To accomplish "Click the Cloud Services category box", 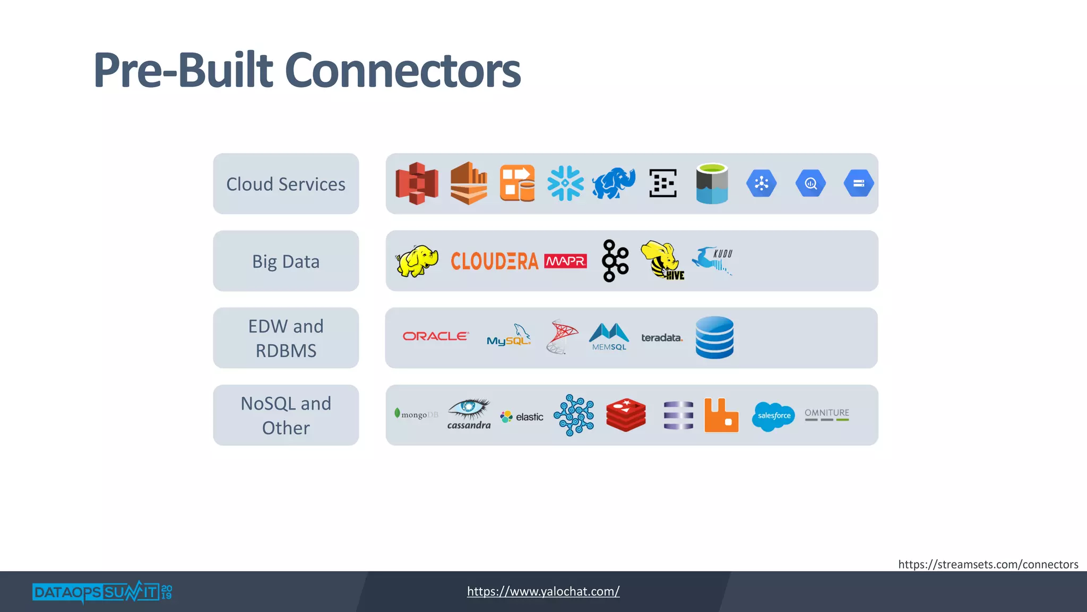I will point(286,184).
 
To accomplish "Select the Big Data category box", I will point(286,261).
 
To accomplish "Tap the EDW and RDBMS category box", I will point(286,338).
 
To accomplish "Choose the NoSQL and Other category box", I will point(286,415).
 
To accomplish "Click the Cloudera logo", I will point(494,261).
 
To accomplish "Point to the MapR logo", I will point(565,261).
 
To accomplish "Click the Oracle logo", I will point(435,336).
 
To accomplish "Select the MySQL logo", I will point(508,337).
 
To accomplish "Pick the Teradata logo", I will point(661,338).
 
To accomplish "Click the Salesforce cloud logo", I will point(773,415).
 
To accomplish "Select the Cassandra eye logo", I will point(469,413).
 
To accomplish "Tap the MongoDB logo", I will point(416,414).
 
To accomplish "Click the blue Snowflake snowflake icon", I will point(565,183).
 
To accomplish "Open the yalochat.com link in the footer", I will point(543,591).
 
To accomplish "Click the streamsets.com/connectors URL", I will point(988,564).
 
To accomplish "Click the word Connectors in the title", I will point(403,70).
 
